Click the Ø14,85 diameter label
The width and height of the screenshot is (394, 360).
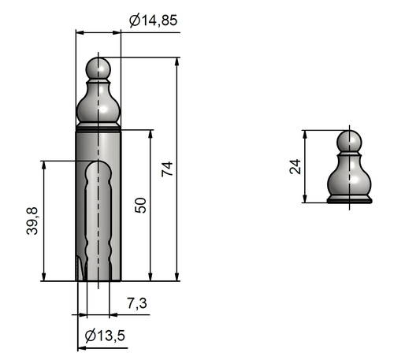coord(154,20)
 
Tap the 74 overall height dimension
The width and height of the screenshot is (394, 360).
coord(167,169)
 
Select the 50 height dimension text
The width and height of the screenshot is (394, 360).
coord(140,206)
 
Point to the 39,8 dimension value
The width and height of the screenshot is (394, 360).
coord(32,221)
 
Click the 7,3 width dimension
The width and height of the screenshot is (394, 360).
coord(137,303)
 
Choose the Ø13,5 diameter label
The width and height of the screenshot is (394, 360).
coord(105,336)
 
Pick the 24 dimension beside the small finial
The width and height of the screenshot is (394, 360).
coord(295,166)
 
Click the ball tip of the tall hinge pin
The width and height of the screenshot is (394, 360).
coord(98,69)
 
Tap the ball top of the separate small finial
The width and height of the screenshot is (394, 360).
coord(349,142)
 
